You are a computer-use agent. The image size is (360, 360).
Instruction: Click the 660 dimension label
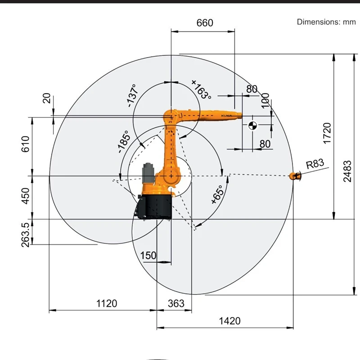[x=205, y=22]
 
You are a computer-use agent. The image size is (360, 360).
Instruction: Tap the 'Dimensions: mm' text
[x=326, y=22]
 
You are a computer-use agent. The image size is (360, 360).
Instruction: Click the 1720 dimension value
[x=327, y=133]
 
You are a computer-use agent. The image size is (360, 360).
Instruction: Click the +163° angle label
[x=201, y=89]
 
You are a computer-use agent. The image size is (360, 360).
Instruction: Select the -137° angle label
[x=132, y=95]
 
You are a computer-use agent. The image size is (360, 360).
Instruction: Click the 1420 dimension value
[x=229, y=321]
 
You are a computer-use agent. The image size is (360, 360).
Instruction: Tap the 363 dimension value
[x=175, y=303]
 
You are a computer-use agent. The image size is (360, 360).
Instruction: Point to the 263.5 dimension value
[x=26, y=232]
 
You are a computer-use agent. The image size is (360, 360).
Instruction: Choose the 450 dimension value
[x=26, y=196]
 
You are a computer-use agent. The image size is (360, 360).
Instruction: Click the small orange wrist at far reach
[x=296, y=176]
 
